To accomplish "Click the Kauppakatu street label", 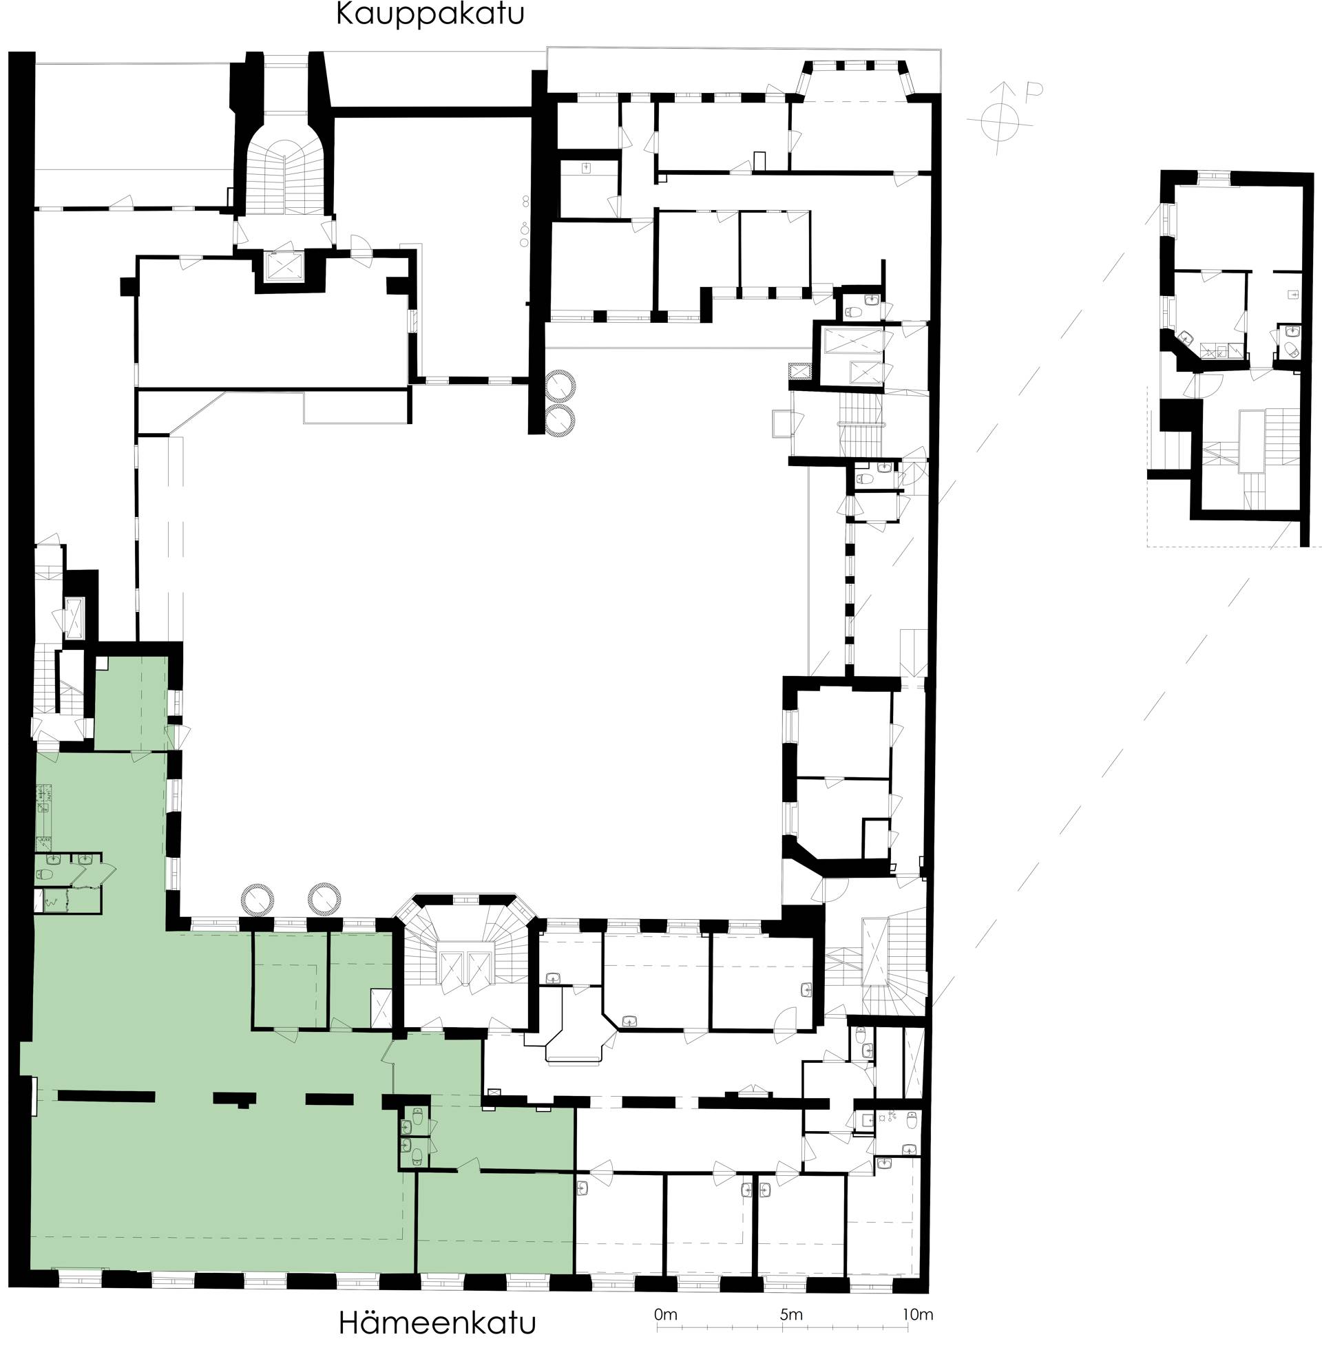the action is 430,14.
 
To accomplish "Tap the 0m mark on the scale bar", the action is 665,1315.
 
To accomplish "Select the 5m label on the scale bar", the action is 791,1315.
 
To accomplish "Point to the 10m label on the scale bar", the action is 917,1315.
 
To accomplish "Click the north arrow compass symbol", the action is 1000,118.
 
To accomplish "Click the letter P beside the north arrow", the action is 1034,91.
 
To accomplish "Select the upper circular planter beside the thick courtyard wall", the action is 560,386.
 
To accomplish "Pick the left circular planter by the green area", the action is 258,900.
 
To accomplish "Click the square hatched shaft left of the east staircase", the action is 801,372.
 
